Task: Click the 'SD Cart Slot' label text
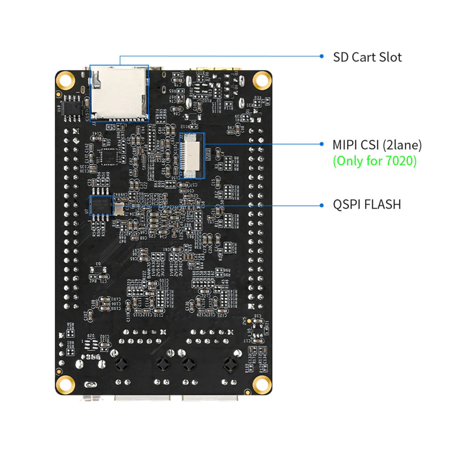click(x=367, y=57)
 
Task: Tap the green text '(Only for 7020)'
click(x=374, y=161)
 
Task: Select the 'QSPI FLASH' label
click(x=367, y=204)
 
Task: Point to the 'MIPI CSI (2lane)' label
click(x=377, y=145)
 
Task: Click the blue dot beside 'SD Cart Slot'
click(x=321, y=56)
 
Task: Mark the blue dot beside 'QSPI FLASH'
click(x=321, y=205)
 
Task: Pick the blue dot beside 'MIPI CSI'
click(x=321, y=144)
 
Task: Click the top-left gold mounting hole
click(x=65, y=80)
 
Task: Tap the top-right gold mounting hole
click(x=262, y=80)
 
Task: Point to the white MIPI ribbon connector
click(x=191, y=156)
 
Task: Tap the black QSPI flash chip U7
click(x=101, y=205)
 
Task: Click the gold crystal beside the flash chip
click(x=119, y=209)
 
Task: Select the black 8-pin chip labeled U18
click(x=72, y=108)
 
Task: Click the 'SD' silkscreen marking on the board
click(x=111, y=127)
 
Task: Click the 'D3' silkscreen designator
click(x=98, y=264)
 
